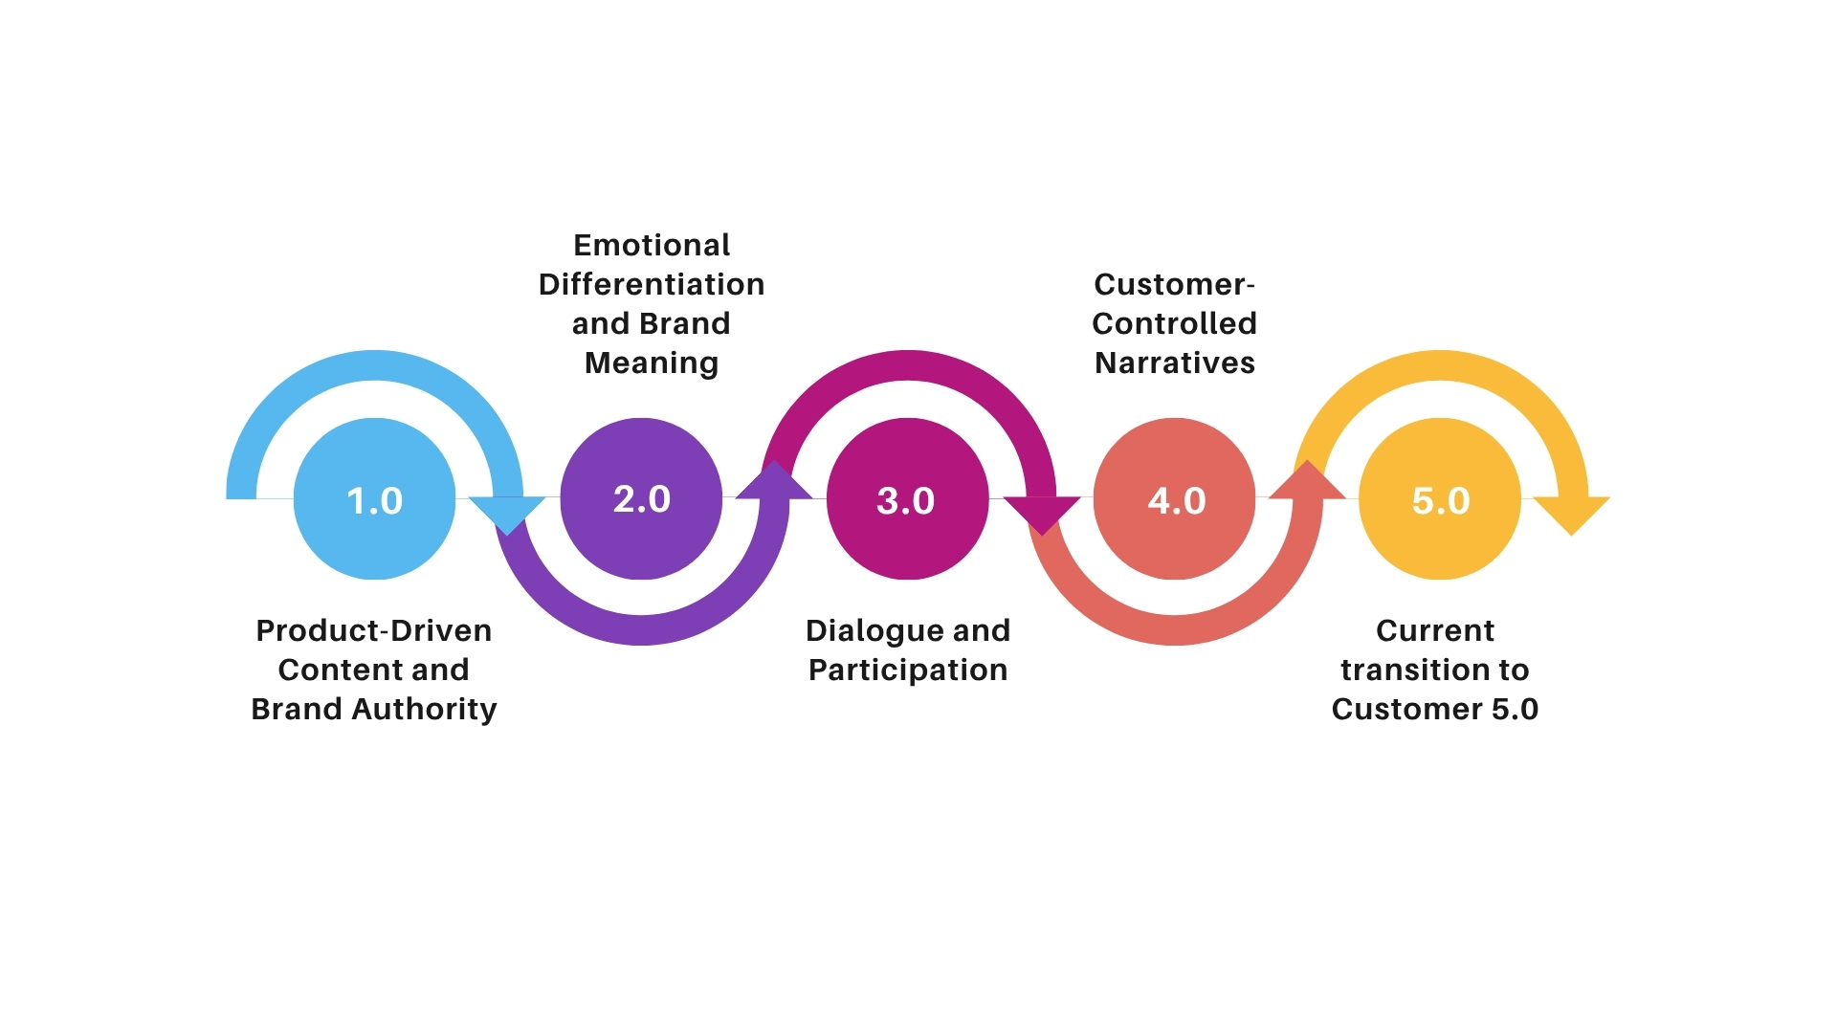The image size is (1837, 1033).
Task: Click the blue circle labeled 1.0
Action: click(x=374, y=498)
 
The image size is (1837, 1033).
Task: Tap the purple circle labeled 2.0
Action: click(x=641, y=498)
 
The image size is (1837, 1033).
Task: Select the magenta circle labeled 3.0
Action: click(x=907, y=498)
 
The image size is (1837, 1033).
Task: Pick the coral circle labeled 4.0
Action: click(x=1174, y=498)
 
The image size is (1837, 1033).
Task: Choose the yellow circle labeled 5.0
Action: click(x=1440, y=498)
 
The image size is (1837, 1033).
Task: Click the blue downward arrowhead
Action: click(x=508, y=514)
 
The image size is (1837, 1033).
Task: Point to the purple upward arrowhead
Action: click(x=775, y=482)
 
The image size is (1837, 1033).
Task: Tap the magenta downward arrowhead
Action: click(x=1042, y=514)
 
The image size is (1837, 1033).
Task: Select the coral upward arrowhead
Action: click(x=1307, y=482)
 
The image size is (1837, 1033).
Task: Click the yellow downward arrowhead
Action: click(x=1572, y=514)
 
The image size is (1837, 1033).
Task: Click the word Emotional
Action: click(x=652, y=245)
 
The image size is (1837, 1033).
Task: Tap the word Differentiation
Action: click(x=652, y=284)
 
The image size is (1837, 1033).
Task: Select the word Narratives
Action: click(x=1174, y=363)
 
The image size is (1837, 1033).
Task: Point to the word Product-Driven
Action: click(x=373, y=630)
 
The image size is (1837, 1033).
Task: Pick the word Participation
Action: click(x=907, y=670)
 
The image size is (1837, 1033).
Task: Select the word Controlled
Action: click(x=1174, y=323)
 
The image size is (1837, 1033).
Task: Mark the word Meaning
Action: click(x=652, y=363)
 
